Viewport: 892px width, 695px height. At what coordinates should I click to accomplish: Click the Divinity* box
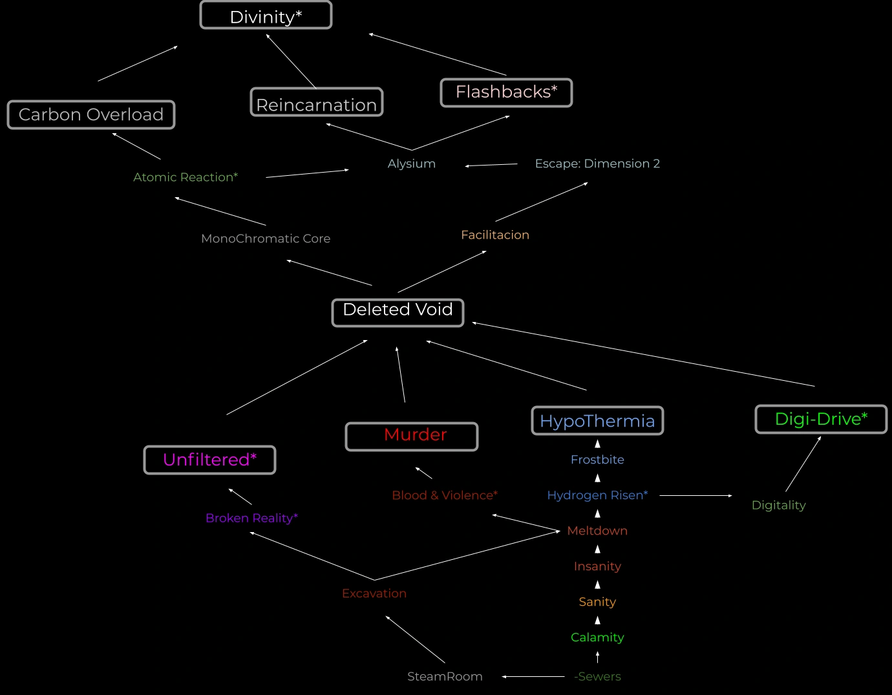[x=266, y=16]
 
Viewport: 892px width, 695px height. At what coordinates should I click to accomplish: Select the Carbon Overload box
[x=91, y=114]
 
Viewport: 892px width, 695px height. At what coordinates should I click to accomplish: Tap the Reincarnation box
[x=317, y=103]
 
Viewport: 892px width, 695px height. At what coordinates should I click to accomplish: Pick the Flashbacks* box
[x=506, y=92]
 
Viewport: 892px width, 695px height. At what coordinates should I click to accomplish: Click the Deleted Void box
[x=398, y=312]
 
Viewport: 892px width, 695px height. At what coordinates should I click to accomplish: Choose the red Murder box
[x=412, y=436]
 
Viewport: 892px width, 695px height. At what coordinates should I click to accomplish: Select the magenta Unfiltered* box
[x=209, y=460]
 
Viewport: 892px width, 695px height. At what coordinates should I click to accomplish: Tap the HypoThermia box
[x=597, y=421]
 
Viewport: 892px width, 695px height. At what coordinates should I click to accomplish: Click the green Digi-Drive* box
[x=821, y=420]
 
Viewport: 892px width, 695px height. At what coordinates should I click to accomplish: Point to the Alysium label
[x=412, y=164]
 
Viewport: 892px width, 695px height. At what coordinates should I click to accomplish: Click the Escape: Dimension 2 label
[x=597, y=164]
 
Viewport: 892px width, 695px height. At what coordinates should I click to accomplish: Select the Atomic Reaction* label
[x=186, y=177]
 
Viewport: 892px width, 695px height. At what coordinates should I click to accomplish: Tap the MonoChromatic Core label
[x=266, y=239]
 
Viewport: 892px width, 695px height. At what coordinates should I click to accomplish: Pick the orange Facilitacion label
[x=495, y=235]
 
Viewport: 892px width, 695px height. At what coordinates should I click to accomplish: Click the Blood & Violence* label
[x=445, y=495]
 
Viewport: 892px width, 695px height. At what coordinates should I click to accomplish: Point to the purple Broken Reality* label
[x=251, y=518]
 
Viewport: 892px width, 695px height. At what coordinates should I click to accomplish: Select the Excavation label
[x=374, y=593]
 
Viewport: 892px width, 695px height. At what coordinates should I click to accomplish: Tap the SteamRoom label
[x=445, y=676]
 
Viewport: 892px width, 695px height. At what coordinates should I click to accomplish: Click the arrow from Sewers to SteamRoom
[x=533, y=677]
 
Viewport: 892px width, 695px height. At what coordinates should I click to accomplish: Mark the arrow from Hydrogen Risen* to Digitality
[x=696, y=496]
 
